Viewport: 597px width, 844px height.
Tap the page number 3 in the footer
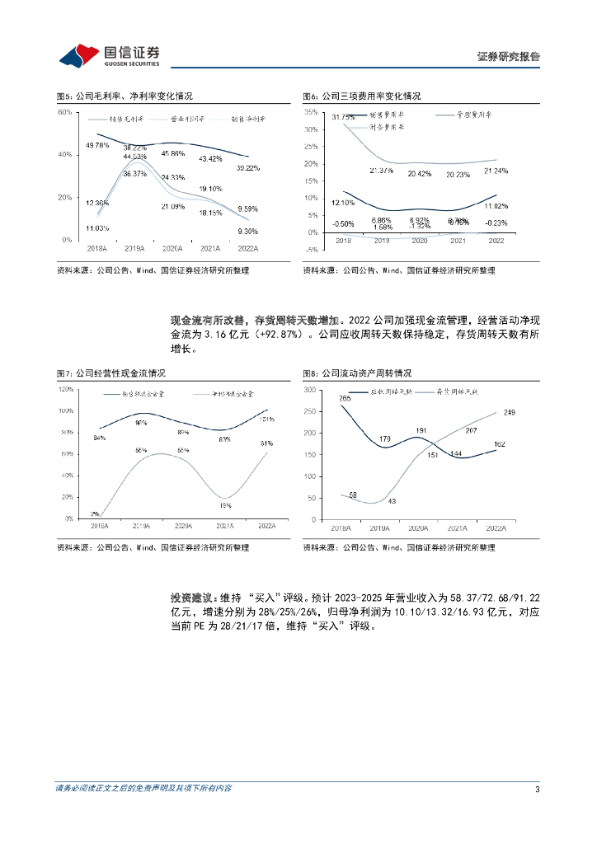coord(537,790)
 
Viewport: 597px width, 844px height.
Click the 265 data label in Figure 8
coord(344,399)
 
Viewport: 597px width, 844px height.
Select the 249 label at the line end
coord(509,412)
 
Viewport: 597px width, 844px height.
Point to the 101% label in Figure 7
coord(266,420)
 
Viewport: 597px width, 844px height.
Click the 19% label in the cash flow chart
coord(224,505)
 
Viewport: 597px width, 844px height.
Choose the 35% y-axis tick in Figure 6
coord(311,111)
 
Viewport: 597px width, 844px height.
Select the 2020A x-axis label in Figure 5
coord(172,246)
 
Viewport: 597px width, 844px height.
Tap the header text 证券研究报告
coord(509,57)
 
